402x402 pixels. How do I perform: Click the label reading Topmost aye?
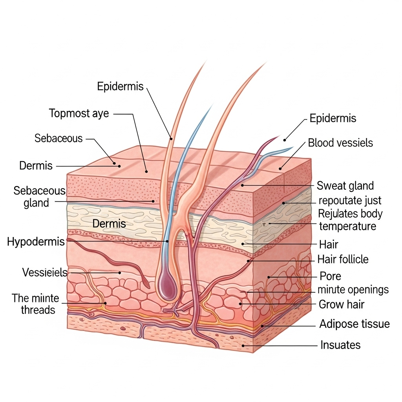79,114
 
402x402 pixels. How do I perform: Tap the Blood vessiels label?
340,143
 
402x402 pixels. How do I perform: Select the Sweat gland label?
345,185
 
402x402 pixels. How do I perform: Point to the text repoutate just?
350,201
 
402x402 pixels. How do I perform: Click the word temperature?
347,227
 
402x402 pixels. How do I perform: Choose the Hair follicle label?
343,259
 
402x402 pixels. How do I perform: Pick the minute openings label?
353,290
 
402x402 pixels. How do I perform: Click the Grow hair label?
342,304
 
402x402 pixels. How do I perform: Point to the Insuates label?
340,345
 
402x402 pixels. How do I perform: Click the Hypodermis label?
36,241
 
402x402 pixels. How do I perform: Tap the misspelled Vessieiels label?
45,272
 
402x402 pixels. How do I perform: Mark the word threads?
38,310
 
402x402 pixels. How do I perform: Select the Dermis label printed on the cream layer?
109,224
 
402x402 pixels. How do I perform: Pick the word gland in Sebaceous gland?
36,203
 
